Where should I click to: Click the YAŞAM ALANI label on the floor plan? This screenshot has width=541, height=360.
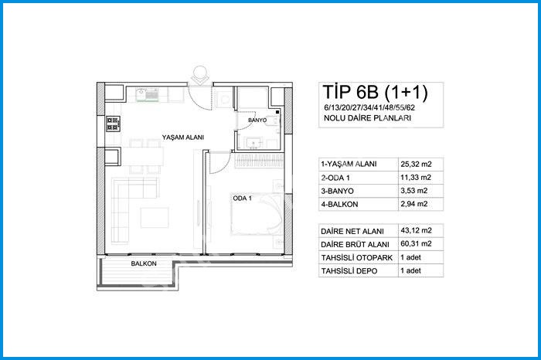pyautogui.click(x=183, y=138)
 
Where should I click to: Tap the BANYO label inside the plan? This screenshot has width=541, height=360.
pyautogui.click(x=257, y=121)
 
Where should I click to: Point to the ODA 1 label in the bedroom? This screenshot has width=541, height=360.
pyautogui.click(x=242, y=199)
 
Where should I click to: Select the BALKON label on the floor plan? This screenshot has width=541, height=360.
pyautogui.click(x=144, y=263)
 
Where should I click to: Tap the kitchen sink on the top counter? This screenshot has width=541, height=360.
pyautogui.click(x=147, y=95)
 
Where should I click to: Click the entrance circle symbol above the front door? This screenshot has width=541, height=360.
pyautogui.click(x=200, y=73)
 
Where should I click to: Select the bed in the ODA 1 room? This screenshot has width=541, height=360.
pyautogui.click(x=257, y=214)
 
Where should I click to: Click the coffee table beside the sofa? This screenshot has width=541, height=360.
pyautogui.click(x=155, y=217)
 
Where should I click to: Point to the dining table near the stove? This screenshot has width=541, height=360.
pyautogui.click(x=142, y=157)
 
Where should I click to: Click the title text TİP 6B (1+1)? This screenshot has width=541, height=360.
pyautogui.click(x=375, y=92)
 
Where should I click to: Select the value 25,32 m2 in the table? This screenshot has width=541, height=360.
pyautogui.click(x=416, y=164)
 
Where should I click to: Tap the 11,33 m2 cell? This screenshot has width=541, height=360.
pyautogui.click(x=416, y=178)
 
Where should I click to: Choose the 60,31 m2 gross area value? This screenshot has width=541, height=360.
pyautogui.click(x=416, y=244)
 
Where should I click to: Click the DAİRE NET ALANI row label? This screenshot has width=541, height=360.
pyautogui.click(x=352, y=231)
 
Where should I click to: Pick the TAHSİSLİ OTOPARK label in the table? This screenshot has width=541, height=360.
pyautogui.click(x=357, y=257)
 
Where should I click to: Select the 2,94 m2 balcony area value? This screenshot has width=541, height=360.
pyautogui.click(x=414, y=204)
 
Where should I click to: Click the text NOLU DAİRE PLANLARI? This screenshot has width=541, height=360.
pyautogui.click(x=367, y=118)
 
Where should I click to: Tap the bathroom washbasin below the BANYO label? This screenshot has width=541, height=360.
pyautogui.click(x=253, y=143)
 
